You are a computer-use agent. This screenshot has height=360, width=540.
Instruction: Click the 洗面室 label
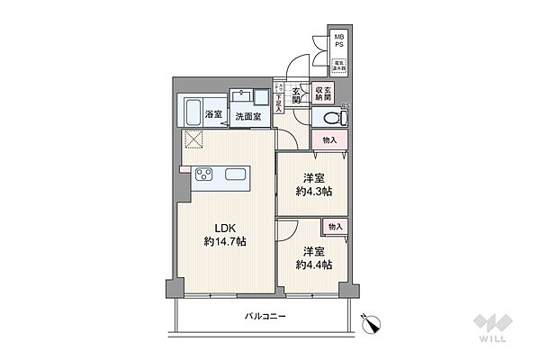[247, 117]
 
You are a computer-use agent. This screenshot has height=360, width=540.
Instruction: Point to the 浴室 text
[213, 115]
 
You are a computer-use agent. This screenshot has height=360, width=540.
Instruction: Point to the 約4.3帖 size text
[314, 190]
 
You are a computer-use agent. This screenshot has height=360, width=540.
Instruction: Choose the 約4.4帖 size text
[314, 265]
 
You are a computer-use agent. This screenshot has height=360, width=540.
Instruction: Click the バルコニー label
[264, 317]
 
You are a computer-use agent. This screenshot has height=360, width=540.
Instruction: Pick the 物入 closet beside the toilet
[329, 140]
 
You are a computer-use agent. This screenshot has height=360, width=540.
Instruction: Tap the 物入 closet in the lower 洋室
[336, 227]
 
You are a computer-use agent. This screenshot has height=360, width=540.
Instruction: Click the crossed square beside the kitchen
[195, 140]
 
